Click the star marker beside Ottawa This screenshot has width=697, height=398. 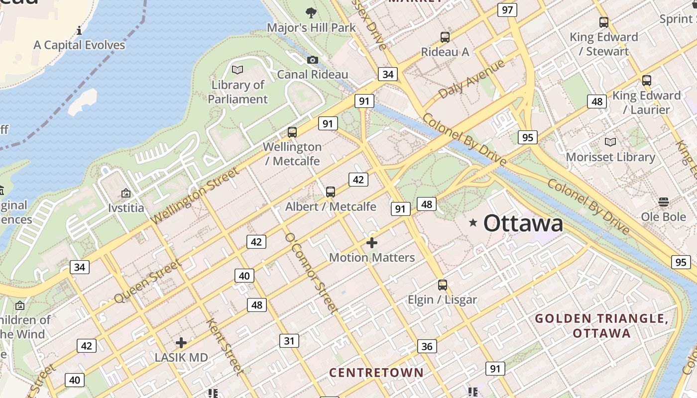click(x=473, y=223)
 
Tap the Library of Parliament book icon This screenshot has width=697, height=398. click(x=237, y=70)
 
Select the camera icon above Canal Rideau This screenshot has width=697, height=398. click(x=312, y=60)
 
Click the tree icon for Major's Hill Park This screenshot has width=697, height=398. click(x=311, y=12)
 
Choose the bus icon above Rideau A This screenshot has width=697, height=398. click(x=445, y=37)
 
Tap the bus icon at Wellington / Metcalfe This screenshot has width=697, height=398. click(x=292, y=132)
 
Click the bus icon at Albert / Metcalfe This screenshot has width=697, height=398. click(x=330, y=192)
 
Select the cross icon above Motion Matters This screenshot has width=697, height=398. click(x=371, y=243)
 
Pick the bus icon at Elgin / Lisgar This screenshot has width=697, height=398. click(x=442, y=285)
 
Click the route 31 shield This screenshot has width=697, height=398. click(x=289, y=341)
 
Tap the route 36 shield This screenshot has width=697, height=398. click(x=427, y=346)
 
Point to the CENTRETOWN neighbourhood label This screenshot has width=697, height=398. click(x=376, y=373)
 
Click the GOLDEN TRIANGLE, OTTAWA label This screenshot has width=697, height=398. click(x=601, y=325)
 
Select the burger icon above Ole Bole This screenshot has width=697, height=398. click(x=663, y=201)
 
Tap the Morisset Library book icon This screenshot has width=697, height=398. click(x=610, y=142)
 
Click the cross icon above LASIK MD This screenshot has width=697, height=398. click(x=181, y=343)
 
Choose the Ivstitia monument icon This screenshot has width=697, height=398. click(x=126, y=193)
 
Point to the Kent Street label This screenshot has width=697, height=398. click(x=226, y=347)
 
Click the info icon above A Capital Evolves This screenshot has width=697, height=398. click(x=79, y=30)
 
